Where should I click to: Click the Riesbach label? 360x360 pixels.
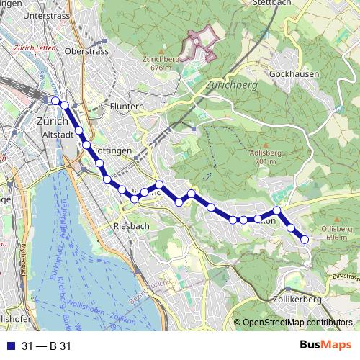coord(131,226)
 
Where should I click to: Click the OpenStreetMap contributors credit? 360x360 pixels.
coord(297,323)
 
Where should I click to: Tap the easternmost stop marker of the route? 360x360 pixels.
coord(305,239)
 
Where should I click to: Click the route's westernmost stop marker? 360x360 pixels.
coord(55,100)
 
